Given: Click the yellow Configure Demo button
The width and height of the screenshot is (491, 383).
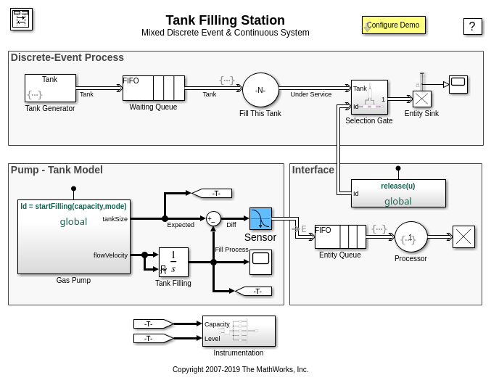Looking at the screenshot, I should pos(393,25).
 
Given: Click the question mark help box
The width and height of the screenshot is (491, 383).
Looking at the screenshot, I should pos(472,27).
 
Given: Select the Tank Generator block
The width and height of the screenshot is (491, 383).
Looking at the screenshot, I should pos(50,88).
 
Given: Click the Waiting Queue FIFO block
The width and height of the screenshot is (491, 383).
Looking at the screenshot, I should pos(153,88).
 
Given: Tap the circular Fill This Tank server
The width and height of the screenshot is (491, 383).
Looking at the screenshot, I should pos(260,91).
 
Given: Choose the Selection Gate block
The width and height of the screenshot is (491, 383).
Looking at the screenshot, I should pos(369,97).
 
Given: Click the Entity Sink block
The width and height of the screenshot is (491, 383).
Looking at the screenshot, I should pos(421,99).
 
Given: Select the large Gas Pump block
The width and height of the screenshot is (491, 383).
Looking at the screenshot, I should pos(74,236).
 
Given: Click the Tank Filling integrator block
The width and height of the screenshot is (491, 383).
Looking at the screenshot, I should pos(173,263).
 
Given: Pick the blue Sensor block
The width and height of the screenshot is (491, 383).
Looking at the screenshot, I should pos(260,219).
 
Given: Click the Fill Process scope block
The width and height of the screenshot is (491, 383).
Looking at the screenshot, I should pos(260,262).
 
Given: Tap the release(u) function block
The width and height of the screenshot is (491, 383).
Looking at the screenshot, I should pos(398,194).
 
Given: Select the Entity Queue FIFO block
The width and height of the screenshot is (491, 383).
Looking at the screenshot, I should pos(340,236).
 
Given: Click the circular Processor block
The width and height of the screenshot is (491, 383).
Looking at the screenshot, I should pos(410,237).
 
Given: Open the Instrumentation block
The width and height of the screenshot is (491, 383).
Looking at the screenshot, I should pos(239,331).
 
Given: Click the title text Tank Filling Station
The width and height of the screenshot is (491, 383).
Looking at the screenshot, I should pos(225,20).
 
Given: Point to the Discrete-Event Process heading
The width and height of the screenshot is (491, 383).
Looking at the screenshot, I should pos(67,57).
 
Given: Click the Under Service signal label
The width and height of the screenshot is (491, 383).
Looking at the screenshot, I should pos(310,94).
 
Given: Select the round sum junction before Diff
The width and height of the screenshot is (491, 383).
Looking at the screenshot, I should pos(213,218).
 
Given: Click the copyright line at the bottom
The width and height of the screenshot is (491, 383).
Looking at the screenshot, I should pos(240,369).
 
